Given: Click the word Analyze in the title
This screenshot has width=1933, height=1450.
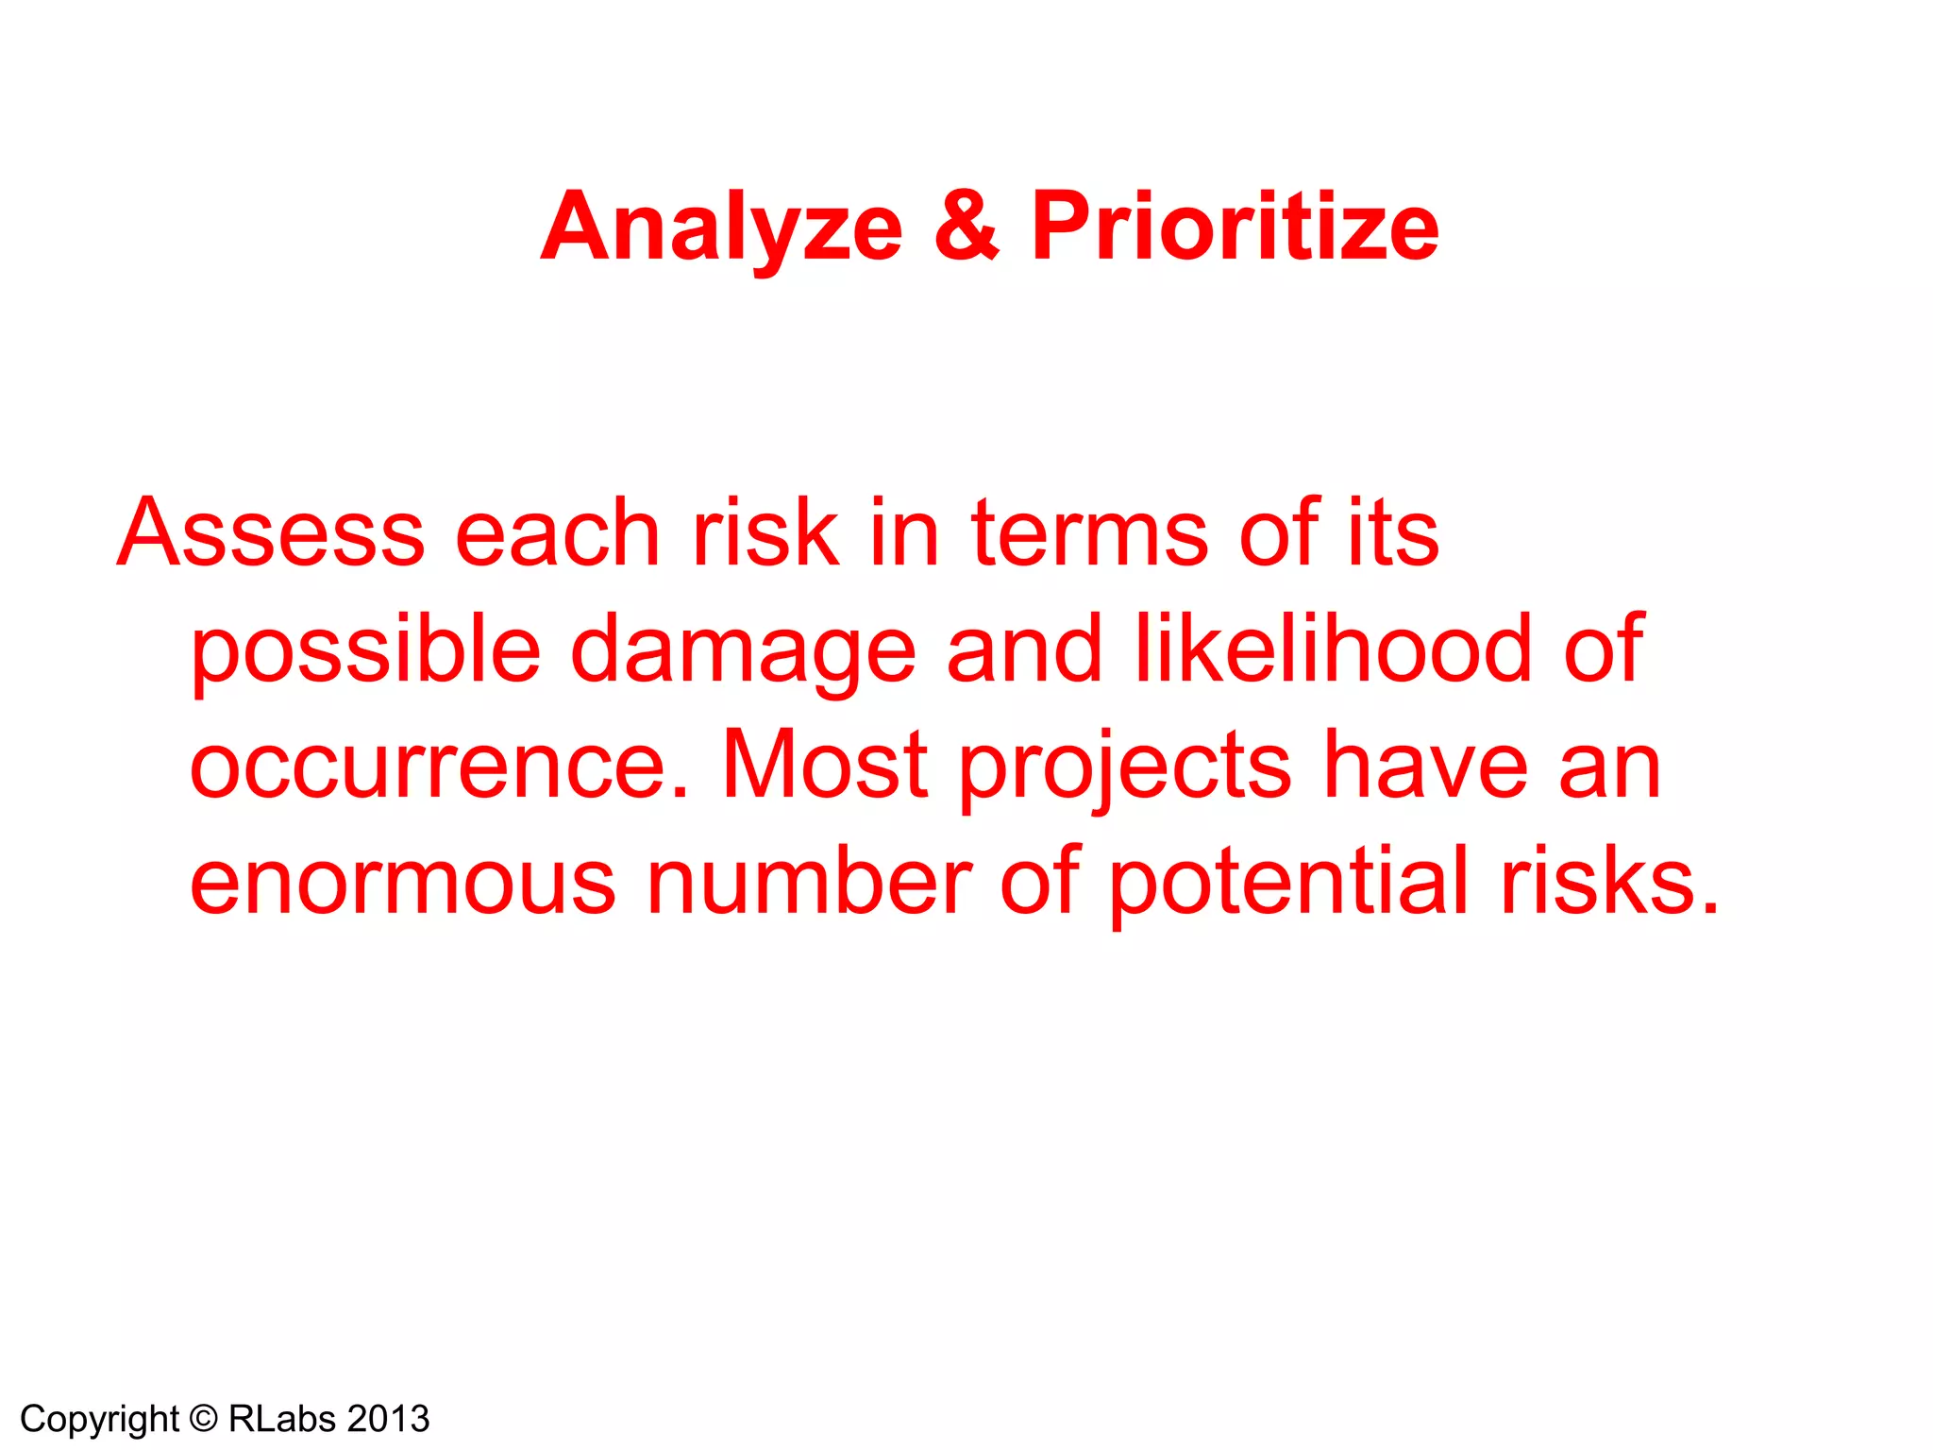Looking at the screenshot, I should (722, 227).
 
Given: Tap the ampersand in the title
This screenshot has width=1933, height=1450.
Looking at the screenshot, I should (966, 227).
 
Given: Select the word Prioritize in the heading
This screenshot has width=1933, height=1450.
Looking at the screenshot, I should (1235, 227).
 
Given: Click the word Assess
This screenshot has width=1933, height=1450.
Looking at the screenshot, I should (271, 534).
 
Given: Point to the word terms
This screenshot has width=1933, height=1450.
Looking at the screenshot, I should (1089, 534).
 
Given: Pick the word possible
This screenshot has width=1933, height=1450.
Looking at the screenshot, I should (365, 651).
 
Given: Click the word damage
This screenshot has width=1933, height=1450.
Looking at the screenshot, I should (743, 651).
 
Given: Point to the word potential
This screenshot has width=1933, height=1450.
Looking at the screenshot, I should (1289, 883).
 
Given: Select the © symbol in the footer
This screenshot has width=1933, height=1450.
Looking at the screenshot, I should (203, 1419).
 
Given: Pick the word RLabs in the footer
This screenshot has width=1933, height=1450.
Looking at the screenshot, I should (282, 1419).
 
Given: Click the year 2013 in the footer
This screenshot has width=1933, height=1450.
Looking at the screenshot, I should (388, 1419).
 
